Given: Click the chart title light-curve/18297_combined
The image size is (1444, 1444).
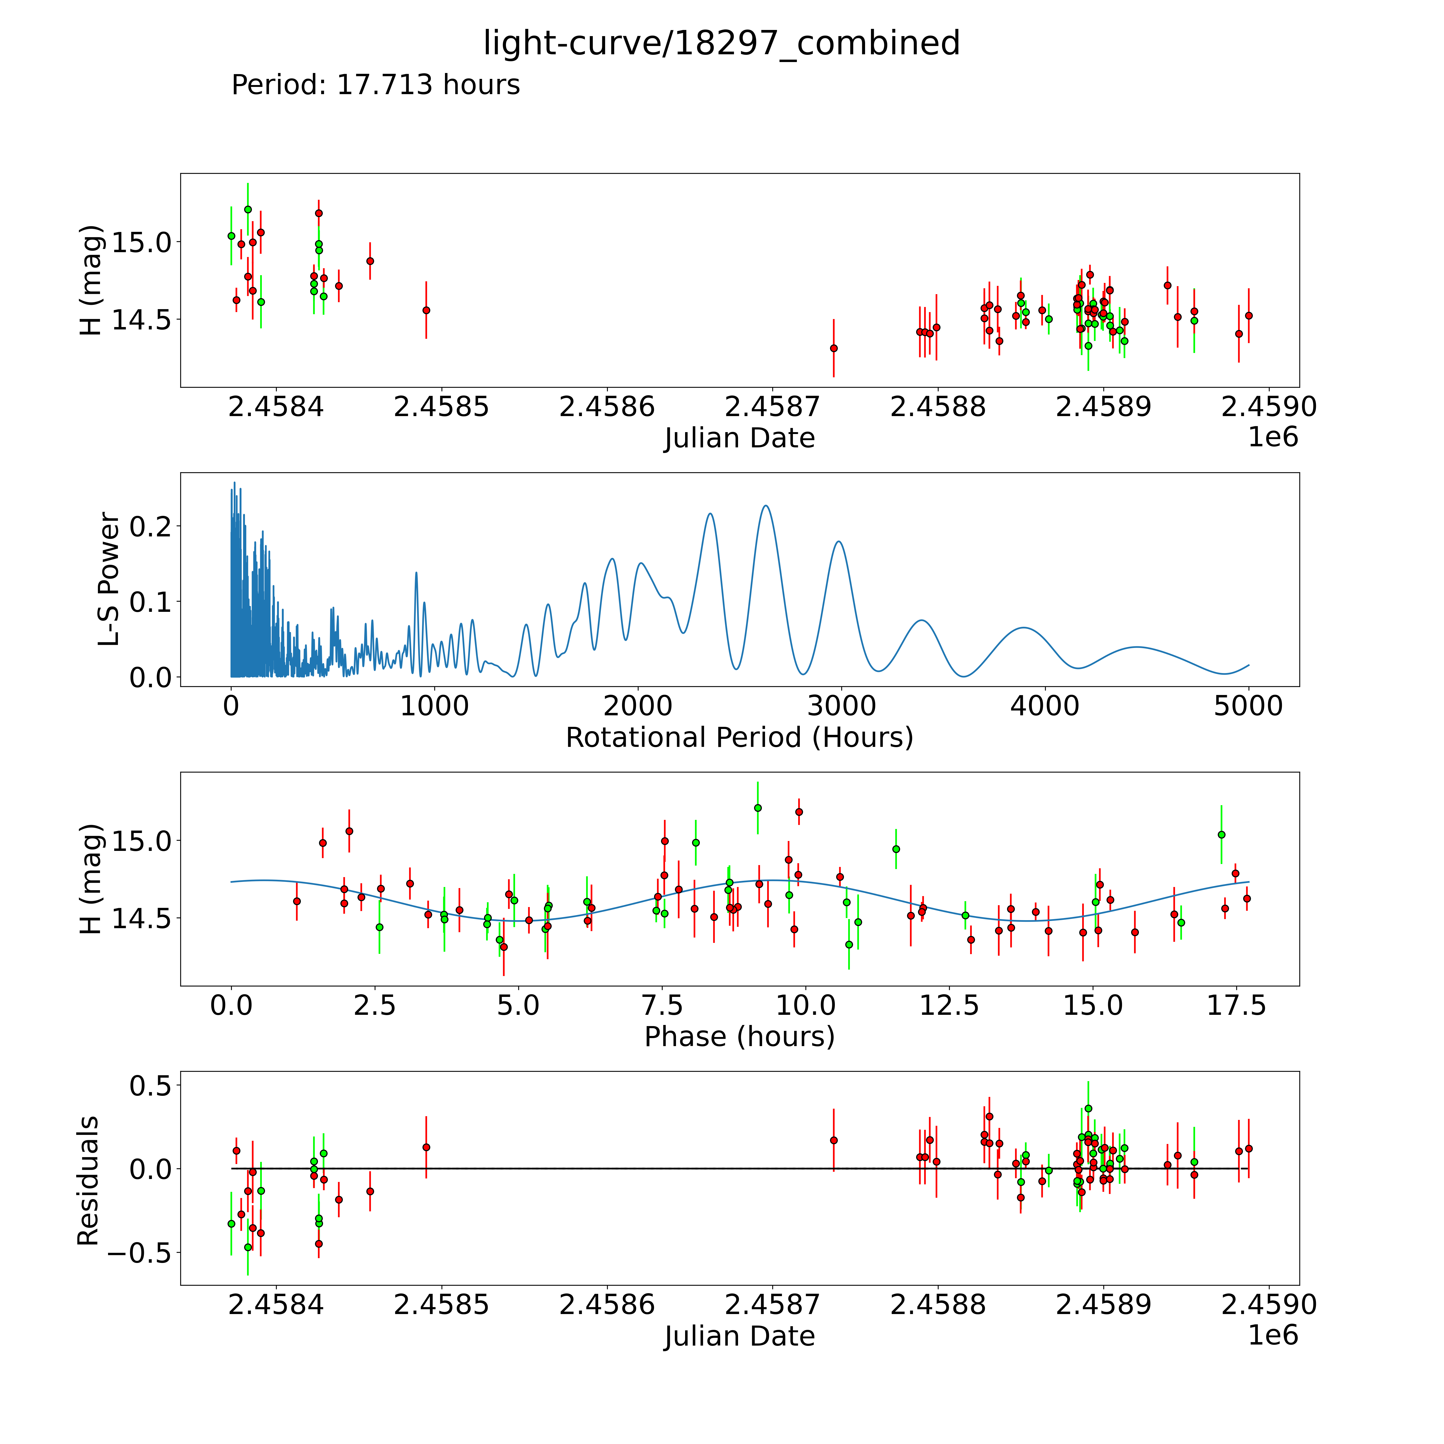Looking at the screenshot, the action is (x=721, y=43).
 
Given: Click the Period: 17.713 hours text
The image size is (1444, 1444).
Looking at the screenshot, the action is (x=375, y=85).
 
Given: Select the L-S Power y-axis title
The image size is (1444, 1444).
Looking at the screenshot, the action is (x=109, y=579).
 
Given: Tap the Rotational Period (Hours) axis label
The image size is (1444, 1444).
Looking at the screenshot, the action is (x=739, y=738).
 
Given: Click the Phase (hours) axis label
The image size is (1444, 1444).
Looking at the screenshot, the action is (x=739, y=1037).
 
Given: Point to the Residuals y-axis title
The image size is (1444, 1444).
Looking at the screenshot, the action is (x=88, y=1180).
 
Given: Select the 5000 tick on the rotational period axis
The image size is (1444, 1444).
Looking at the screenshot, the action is (x=1248, y=706).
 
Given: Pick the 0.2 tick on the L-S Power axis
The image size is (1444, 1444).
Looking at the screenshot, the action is (x=150, y=526).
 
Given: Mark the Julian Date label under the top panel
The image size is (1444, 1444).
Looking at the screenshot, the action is (x=739, y=438).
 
